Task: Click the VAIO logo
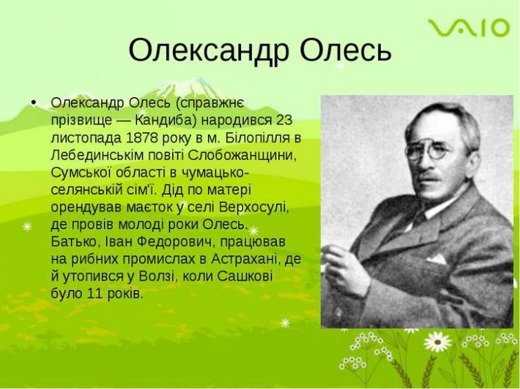pyautogui.click(x=468, y=28)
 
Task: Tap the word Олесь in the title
pyautogui.click(x=346, y=50)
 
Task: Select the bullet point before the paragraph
pyautogui.click(x=33, y=103)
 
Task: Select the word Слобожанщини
pyautogui.click(x=243, y=156)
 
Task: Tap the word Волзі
pyautogui.click(x=156, y=277)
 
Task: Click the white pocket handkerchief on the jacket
pyautogui.click(x=437, y=258)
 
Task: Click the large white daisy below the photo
pyautogui.click(x=437, y=342)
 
